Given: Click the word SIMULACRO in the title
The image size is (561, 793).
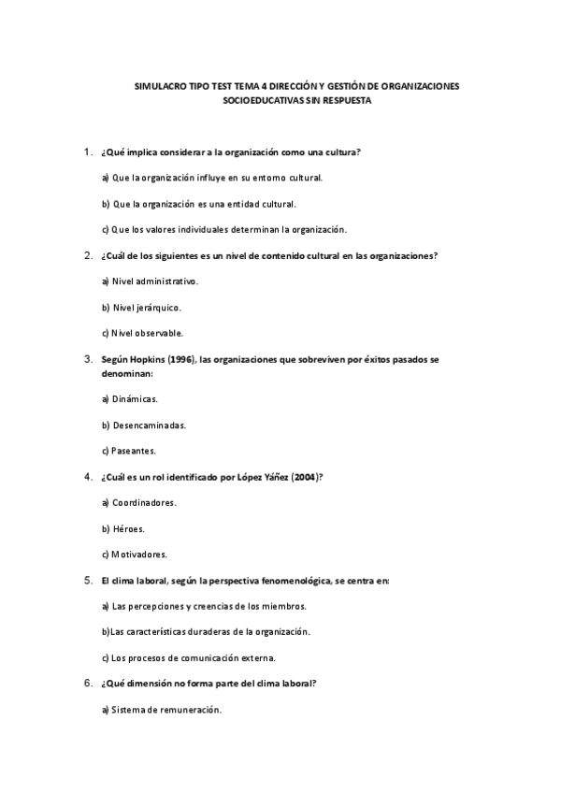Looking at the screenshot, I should click(160, 86).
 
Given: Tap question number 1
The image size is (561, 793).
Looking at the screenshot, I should click(87, 151).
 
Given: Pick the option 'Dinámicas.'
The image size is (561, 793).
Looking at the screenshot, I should click(135, 398).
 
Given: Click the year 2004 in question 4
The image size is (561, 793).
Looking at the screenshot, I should click(304, 476).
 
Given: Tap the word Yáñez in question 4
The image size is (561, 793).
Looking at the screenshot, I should click(275, 476).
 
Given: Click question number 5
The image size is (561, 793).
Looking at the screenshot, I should click(87, 581).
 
